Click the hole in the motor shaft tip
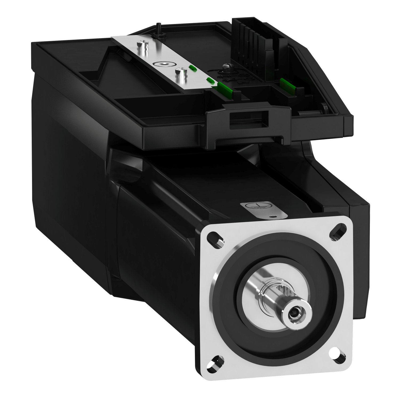(294, 311)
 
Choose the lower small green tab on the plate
(210, 80)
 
